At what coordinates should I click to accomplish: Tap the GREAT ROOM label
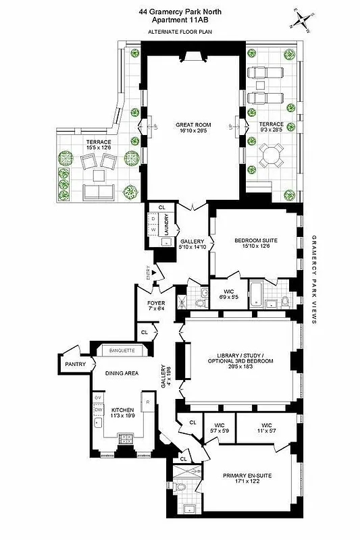[x=192, y=123]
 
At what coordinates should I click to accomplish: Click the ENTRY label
[x=148, y=271]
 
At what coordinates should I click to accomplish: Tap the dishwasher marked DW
[x=98, y=410]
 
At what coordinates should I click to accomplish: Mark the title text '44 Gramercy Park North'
[x=180, y=10]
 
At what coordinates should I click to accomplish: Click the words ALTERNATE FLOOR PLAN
[x=180, y=32]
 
